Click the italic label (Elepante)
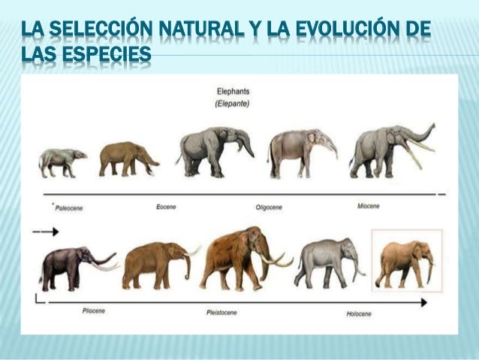pyautogui.click(x=232, y=104)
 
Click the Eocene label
pyautogui.click(x=166, y=206)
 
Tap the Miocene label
pyautogui.click(x=368, y=205)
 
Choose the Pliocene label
pyautogui.click(x=92, y=310)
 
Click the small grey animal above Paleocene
pyautogui.click(x=62, y=162)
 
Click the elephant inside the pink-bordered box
pyautogui.click(x=406, y=264)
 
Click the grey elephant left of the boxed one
pyautogui.click(x=327, y=261)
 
